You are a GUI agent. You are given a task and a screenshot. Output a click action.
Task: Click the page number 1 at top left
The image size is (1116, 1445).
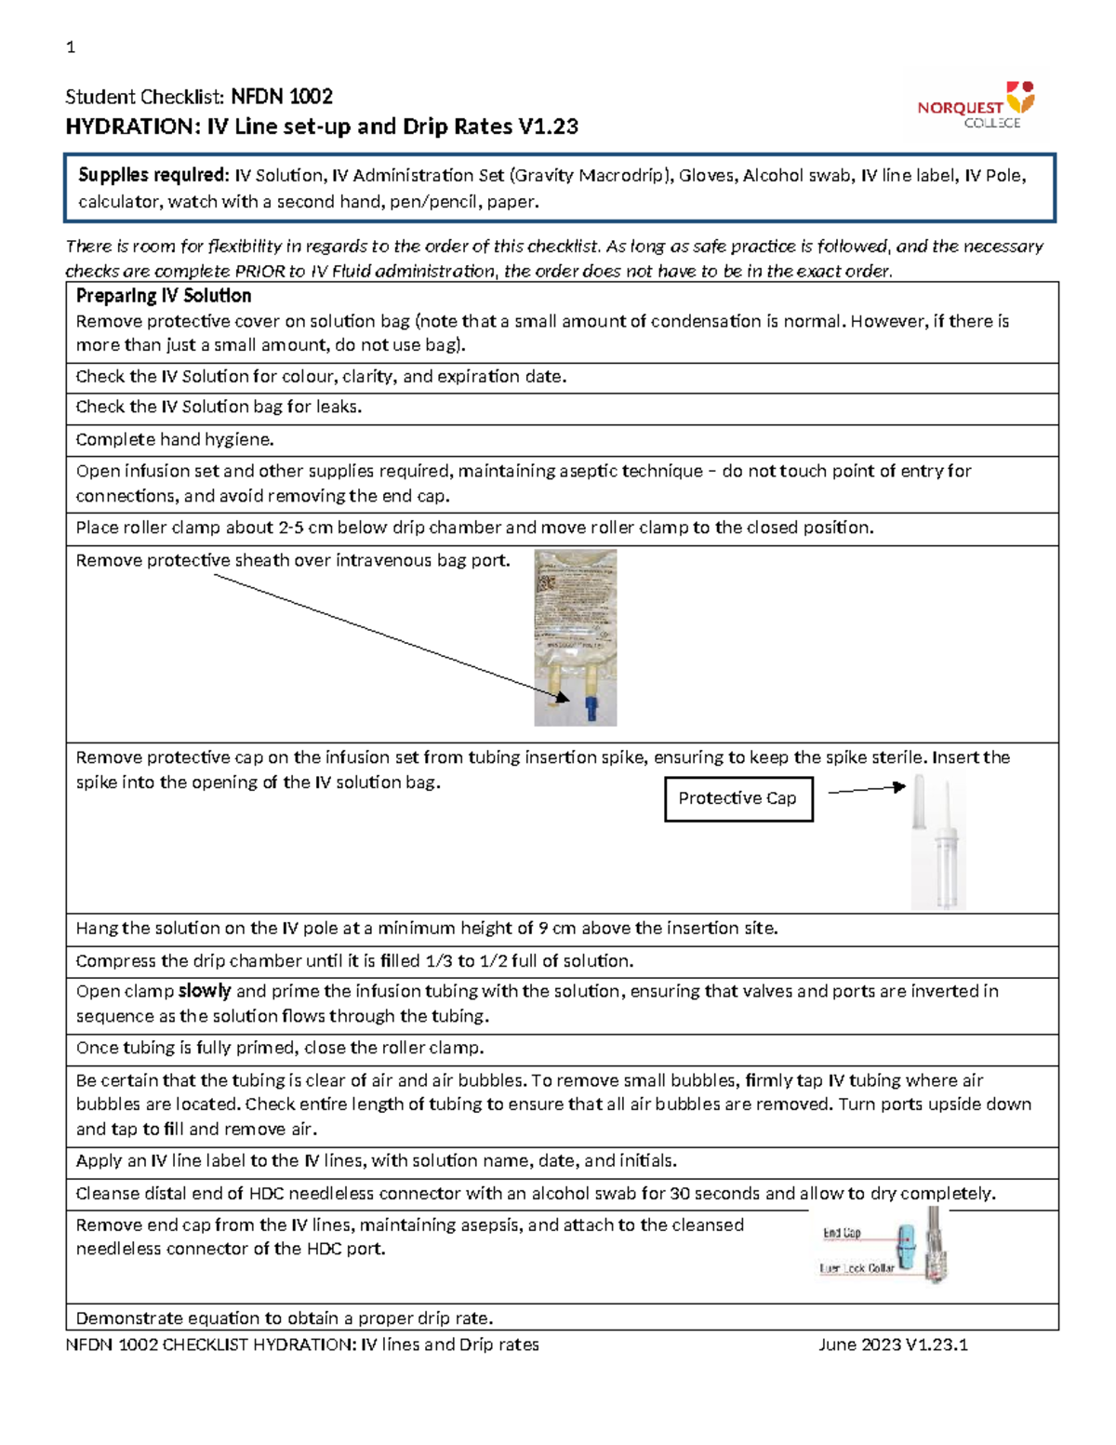coord(71,47)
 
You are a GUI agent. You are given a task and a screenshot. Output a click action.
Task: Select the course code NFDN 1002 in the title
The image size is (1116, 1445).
coord(282,97)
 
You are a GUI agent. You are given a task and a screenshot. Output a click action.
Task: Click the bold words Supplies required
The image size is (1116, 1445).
coord(153,175)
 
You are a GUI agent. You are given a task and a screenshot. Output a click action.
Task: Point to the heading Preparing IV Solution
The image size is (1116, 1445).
coord(164,296)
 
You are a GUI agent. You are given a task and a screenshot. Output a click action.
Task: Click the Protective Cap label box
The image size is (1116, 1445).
coord(738,798)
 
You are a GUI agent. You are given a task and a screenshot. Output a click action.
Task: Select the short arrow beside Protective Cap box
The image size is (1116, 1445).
coord(866,790)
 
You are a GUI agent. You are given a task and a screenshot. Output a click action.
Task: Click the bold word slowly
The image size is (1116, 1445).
coord(204,991)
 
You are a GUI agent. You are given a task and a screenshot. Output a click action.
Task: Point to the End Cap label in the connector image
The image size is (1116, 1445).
coord(842,1233)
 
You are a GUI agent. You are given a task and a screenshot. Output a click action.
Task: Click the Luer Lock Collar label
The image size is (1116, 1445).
coord(857,1268)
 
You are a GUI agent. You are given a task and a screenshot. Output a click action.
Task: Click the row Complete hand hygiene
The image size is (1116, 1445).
coord(175,439)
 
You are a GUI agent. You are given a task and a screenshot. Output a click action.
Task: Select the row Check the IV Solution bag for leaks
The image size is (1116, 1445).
coord(219,407)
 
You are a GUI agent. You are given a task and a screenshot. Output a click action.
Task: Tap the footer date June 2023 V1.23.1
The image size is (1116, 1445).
coord(893,1345)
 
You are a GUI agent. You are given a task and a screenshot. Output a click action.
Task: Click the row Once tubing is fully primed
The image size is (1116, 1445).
coord(279,1048)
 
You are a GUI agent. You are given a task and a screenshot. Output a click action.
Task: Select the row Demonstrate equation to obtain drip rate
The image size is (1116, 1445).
coord(284,1318)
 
